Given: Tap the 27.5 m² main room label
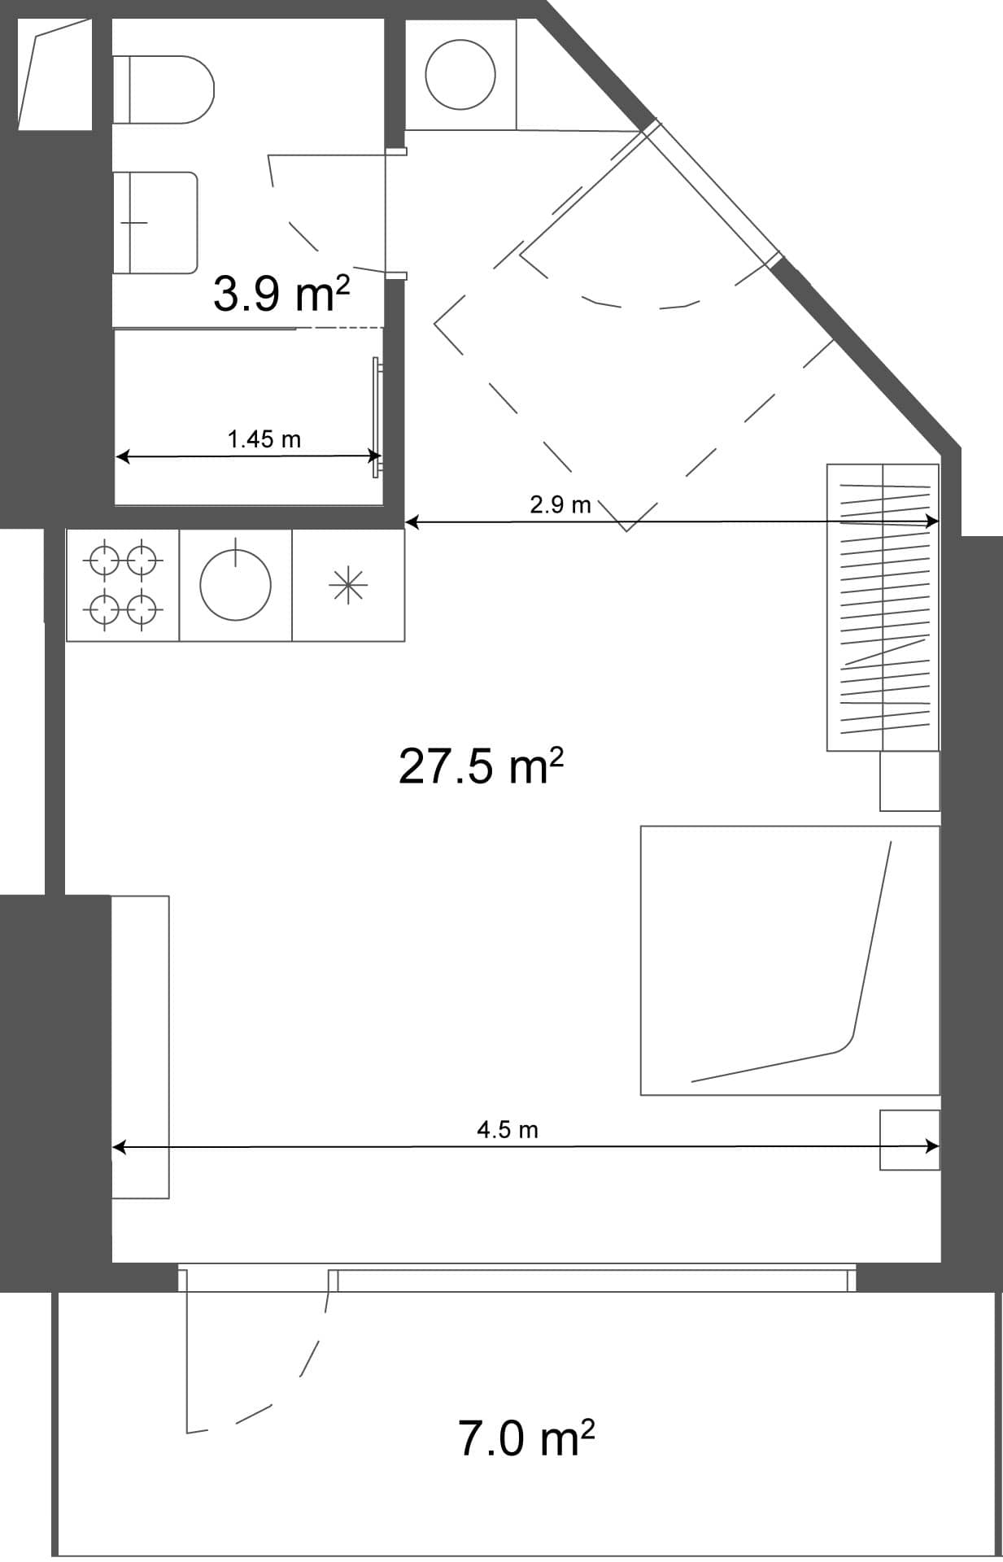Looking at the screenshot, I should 481,766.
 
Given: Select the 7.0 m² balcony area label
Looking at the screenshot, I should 525,1438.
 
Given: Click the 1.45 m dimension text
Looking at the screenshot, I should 264,439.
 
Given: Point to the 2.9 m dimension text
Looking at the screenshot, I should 560,504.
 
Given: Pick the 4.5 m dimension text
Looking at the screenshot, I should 507,1129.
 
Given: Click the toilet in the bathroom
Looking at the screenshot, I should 163,89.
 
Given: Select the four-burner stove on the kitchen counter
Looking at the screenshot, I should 123,584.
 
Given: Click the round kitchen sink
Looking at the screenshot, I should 235,584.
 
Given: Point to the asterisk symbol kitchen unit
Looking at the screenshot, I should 348,585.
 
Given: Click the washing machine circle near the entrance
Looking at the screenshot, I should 460,74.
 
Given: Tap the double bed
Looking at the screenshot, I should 789,960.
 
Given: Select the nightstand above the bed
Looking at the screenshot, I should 909,781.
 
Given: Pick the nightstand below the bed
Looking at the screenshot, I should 909,1140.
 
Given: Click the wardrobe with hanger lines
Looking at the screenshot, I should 883,607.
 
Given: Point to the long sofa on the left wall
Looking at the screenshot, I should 140,1046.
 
